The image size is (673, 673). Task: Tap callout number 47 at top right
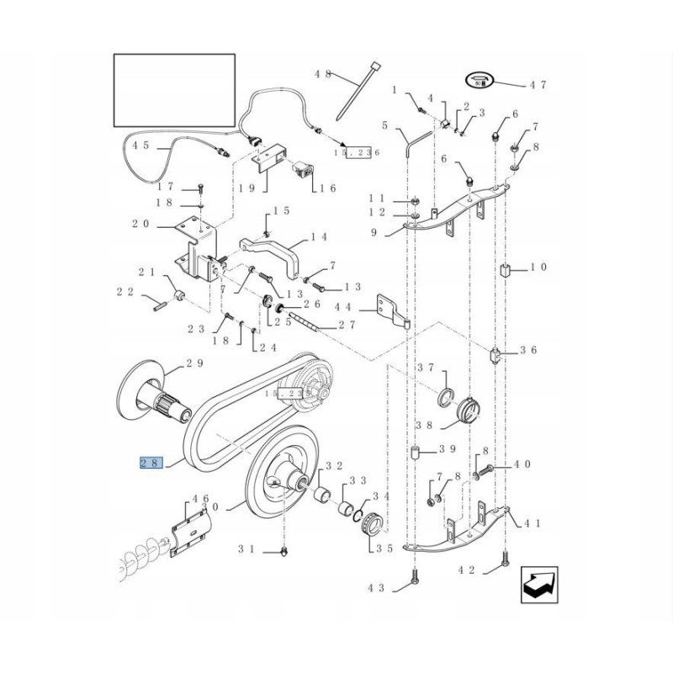[538, 85]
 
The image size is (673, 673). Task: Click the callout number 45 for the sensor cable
[141, 145]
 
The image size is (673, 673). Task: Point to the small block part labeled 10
[507, 270]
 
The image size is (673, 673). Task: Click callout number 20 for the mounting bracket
[140, 224]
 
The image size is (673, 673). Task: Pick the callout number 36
[528, 350]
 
